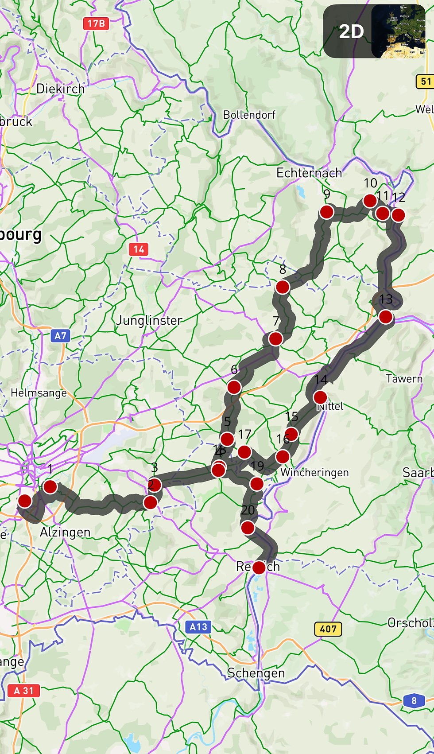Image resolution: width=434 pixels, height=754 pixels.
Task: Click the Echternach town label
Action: pos(309,173)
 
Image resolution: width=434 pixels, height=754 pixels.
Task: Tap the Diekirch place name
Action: pos(60,89)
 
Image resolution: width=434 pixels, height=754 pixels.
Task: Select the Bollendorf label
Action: pos(249,115)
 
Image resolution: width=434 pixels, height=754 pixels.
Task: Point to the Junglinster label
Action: pos(149,320)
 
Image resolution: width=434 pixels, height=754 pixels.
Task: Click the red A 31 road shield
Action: pos(24,690)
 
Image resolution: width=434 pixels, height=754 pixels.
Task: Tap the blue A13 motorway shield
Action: pos(198,627)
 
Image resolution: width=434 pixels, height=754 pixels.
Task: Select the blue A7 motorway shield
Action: pos(61,336)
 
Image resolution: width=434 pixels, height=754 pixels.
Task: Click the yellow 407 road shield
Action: pos(328,629)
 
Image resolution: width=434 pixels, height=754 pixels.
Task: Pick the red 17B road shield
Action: pos(96,23)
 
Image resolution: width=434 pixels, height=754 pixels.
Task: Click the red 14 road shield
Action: pos(139,249)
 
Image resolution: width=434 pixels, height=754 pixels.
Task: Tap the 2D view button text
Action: pos(351,31)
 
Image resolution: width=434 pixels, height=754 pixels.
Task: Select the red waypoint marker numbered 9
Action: pos(326,212)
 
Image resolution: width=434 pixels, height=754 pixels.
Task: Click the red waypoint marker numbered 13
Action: pos(386,317)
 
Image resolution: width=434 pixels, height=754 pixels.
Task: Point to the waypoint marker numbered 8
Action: pos(283,287)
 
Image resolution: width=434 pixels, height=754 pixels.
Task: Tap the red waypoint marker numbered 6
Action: pos(234,387)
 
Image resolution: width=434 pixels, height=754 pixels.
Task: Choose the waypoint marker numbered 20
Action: pos(248,528)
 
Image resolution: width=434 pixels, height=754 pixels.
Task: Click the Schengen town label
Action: pos(256,673)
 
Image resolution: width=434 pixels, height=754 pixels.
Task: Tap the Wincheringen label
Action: pos(314,472)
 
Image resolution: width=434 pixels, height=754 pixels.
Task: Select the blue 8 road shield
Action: pos(414,700)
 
